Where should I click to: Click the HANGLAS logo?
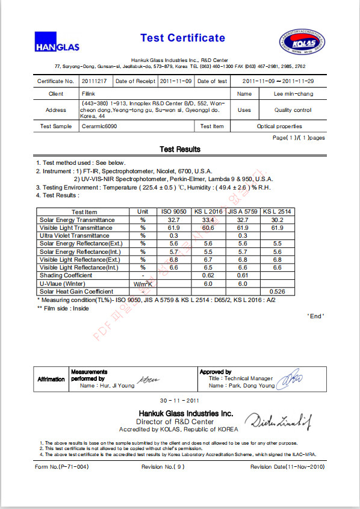pos(57,42)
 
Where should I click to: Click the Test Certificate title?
pos(182,38)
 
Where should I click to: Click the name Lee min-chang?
pos(294,94)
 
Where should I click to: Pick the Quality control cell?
pos(293,110)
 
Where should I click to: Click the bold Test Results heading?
pos(180,149)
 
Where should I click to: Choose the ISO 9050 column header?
pos(173,212)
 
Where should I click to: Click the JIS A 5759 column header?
pos(243,212)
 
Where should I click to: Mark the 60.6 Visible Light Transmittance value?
pos(208,228)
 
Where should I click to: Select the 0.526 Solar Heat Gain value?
pos(277,291)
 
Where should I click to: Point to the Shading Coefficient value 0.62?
pos(208,275)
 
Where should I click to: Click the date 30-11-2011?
pos(179,401)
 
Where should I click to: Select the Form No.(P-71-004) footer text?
pos(62,466)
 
